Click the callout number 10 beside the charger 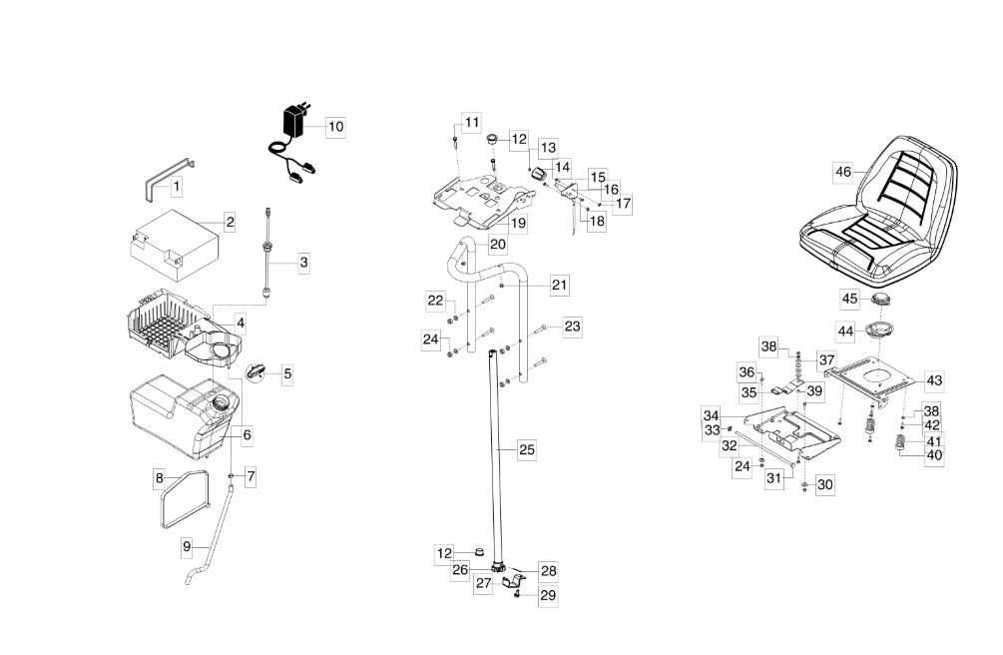[x=335, y=127]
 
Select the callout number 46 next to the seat [x=843, y=172]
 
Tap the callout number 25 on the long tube [x=527, y=450]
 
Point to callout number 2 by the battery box [x=230, y=222]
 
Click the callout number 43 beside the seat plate [x=934, y=379]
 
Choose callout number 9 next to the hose [x=187, y=546]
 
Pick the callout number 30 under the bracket [x=824, y=484]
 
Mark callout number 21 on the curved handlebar [x=559, y=286]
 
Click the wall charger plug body [x=295, y=124]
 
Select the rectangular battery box [x=174, y=244]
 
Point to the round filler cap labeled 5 [x=257, y=370]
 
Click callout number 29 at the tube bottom [x=548, y=595]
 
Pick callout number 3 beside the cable [x=303, y=263]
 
